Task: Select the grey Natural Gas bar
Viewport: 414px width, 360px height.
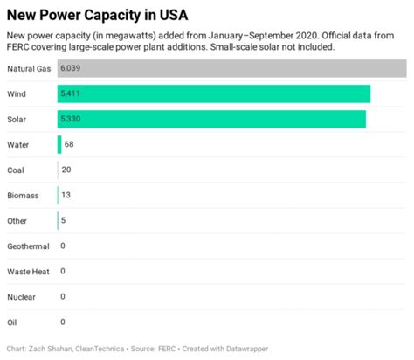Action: [231, 68]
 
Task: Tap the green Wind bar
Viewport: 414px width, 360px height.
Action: [214, 93]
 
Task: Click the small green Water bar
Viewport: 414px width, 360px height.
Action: [59, 144]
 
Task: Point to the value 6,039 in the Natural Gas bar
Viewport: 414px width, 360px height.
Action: [72, 68]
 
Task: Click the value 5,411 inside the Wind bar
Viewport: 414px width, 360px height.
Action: [72, 93]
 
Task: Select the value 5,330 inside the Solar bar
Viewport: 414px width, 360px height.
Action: [72, 119]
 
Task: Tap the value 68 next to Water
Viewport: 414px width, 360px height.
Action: [70, 144]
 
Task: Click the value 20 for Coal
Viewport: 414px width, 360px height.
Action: [66, 170]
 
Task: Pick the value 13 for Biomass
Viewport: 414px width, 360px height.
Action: [66, 195]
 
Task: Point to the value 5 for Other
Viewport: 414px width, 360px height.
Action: [63, 220]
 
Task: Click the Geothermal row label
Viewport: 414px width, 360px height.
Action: [28, 246]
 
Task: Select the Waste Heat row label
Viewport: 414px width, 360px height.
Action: [27, 272]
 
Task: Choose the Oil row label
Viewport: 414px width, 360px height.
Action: [11, 322]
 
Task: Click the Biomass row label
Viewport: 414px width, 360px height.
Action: [22, 195]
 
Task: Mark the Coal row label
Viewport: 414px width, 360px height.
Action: [15, 170]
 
